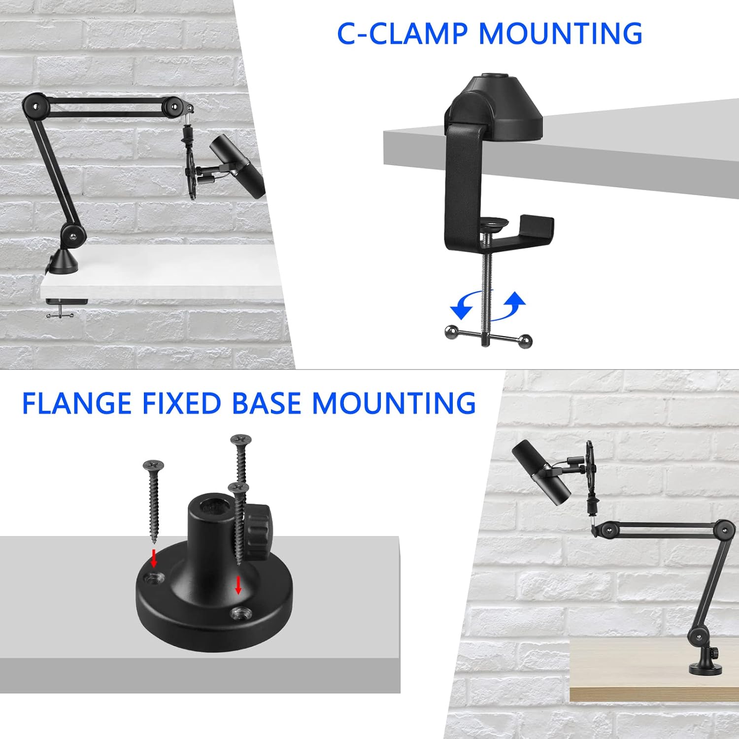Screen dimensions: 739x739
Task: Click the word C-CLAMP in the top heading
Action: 402,34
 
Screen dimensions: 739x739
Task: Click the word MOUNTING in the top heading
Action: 560,34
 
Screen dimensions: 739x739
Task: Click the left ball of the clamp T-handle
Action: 450,331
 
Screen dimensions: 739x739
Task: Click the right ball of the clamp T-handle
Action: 526,340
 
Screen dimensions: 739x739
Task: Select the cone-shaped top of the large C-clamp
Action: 495,103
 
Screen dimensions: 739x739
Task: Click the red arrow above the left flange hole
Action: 154,558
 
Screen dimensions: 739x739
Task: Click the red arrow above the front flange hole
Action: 238,585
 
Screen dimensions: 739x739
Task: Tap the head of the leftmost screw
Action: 153,465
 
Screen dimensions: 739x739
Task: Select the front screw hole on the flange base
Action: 240,613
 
